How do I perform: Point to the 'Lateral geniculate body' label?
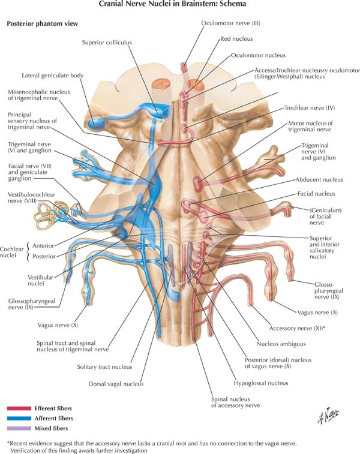(52, 76)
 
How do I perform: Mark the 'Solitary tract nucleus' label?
(104, 366)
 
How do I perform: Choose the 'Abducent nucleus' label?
(319, 179)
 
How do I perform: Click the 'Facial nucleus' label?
(316, 194)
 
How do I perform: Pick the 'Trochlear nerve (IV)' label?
(308, 109)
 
